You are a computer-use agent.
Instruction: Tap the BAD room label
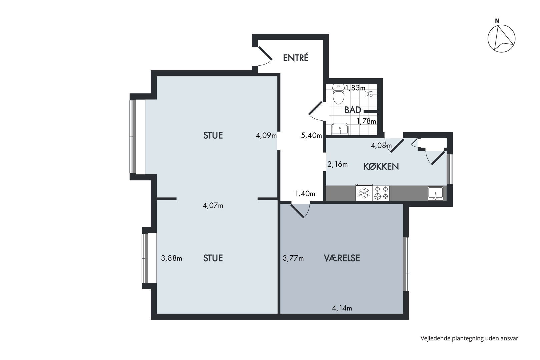[353, 110]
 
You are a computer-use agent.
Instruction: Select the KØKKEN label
[381, 166]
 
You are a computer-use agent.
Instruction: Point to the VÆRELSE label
[342, 258]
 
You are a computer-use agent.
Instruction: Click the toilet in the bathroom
[338, 94]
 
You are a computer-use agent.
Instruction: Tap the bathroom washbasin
[340, 129]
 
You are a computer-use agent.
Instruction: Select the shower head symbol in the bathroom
[371, 94]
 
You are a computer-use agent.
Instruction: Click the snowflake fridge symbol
[364, 193]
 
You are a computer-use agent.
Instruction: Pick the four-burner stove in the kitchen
[381, 193]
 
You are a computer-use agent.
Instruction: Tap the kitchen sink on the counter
[436, 193]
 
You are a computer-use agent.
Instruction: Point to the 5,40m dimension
[311, 136]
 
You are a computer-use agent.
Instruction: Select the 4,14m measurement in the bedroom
[342, 308]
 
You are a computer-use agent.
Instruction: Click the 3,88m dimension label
[171, 258]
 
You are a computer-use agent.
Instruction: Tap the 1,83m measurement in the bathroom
[355, 88]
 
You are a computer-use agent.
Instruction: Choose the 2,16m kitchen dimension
[337, 164]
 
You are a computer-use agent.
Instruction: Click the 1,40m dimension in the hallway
[305, 194]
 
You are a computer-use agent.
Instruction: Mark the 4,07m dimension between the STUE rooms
[213, 206]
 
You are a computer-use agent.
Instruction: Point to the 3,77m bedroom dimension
[293, 258]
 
